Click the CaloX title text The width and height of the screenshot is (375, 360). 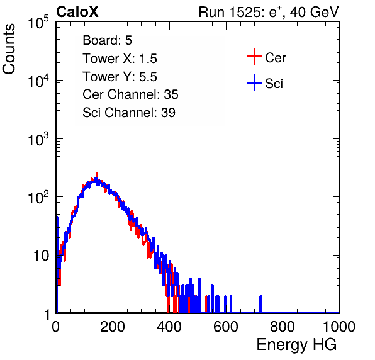[x=77, y=12]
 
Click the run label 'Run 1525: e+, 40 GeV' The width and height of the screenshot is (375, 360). [x=269, y=12]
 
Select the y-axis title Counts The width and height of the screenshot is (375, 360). [x=9, y=49]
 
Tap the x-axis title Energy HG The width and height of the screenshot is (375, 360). [x=296, y=345]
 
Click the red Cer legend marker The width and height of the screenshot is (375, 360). [x=254, y=57]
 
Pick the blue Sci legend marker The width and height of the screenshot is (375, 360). [x=254, y=83]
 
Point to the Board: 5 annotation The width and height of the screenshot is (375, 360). [x=108, y=40]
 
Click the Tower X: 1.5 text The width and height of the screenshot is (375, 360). [x=120, y=59]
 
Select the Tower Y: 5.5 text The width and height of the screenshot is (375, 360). [x=120, y=77]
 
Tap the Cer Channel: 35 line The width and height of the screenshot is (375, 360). [x=130, y=94]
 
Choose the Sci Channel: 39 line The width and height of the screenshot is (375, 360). [x=129, y=113]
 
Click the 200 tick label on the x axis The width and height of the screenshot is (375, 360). [x=113, y=327]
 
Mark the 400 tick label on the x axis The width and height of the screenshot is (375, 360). [x=169, y=327]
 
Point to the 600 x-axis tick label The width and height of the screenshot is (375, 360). [x=226, y=327]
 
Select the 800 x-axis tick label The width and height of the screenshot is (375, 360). [x=283, y=327]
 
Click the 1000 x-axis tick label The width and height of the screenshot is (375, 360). [x=339, y=327]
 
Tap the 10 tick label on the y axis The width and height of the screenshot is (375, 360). [x=42, y=256]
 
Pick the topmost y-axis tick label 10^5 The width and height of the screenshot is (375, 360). [x=38, y=22]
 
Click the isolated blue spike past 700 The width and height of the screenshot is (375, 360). [x=260, y=304]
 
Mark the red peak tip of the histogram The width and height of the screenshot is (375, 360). [x=97, y=174]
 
